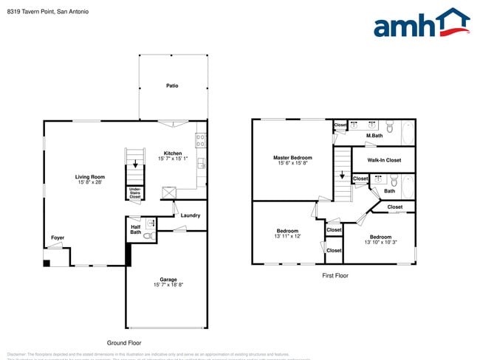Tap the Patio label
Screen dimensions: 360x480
(x=171, y=86)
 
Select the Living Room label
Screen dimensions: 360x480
(x=90, y=176)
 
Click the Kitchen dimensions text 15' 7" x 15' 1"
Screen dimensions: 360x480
(x=173, y=159)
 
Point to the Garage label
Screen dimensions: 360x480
(x=168, y=279)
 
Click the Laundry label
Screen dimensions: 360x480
(x=191, y=215)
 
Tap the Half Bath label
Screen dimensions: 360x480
(x=136, y=229)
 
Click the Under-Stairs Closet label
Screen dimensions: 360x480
(x=135, y=194)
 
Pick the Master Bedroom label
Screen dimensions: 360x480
(x=292, y=157)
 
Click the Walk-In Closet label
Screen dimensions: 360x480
(x=384, y=159)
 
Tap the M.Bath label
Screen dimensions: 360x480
(x=374, y=136)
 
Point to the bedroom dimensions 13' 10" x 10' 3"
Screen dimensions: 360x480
(x=380, y=242)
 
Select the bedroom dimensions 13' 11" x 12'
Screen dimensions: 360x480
(x=287, y=236)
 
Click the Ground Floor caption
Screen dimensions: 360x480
(x=124, y=342)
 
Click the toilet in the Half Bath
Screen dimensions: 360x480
(x=147, y=236)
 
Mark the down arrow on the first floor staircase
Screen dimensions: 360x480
(x=341, y=176)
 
